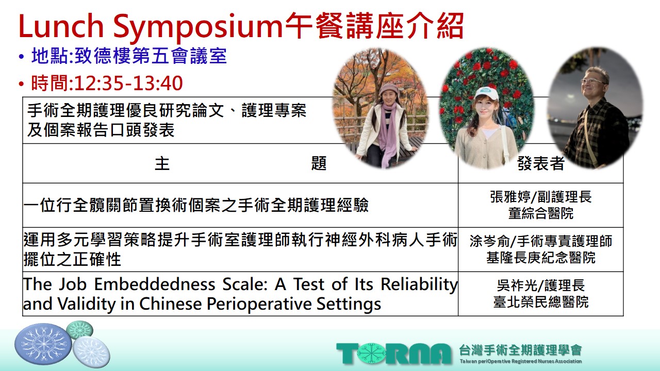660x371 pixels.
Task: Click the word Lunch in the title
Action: pyautogui.click(x=61, y=26)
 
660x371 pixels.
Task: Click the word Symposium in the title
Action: pyautogui.click(x=198, y=28)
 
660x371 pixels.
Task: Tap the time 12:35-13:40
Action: pyautogui.click(x=128, y=83)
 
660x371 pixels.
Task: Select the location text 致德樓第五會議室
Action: pyautogui.click(x=151, y=56)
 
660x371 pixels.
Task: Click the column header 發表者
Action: pyautogui.click(x=541, y=163)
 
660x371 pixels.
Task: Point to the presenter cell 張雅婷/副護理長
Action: pyautogui.click(x=541, y=197)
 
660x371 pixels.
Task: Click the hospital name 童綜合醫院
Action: pyautogui.click(x=541, y=213)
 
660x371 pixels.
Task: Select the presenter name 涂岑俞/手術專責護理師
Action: pyautogui.click(x=541, y=241)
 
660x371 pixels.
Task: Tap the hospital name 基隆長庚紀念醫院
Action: pyautogui.click(x=541, y=258)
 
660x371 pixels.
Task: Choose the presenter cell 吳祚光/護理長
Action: pyautogui.click(x=541, y=285)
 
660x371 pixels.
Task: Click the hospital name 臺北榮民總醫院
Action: pyautogui.click(x=541, y=302)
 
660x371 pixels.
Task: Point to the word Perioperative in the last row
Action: pyautogui.click(x=259, y=304)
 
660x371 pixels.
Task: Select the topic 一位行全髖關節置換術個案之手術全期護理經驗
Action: pyautogui.click(x=196, y=205)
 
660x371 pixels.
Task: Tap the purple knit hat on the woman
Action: pyautogui.click(x=389, y=89)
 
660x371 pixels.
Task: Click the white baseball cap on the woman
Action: pyautogui.click(x=486, y=94)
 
